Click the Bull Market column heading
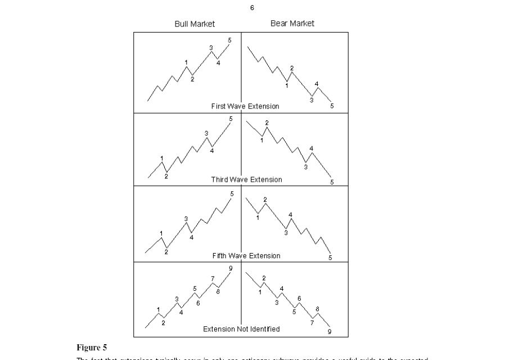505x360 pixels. (x=195, y=24)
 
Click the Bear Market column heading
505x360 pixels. (x=292, y=23)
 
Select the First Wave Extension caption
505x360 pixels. (x=245, y=106)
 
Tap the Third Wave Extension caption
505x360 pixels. (x=246, y=179)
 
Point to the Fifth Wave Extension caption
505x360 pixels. (x=246, y=256)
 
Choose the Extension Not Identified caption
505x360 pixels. (x=241, y=329)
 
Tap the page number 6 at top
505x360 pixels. (x=252, y=8)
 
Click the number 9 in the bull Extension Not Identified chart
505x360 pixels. (x=231, y=268)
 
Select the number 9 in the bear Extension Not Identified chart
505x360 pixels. (x=330, y=331)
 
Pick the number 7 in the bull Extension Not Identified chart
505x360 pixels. (x=213, y=278)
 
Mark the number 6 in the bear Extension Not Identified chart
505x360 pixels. (x=299, y=298)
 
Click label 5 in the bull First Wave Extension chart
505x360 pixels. (x=229, y=40)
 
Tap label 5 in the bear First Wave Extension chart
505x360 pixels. (x=332, y=105)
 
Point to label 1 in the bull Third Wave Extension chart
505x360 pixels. (x=162, y=158)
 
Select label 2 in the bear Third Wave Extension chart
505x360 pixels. (x=267, y=122)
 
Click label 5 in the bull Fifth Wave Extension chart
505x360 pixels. (x=231, y=193)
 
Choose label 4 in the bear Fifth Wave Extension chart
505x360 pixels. (x=291, y=214)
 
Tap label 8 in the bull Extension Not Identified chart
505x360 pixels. (x=218, y=290)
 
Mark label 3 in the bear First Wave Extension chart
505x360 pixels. (x=312, y=100)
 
